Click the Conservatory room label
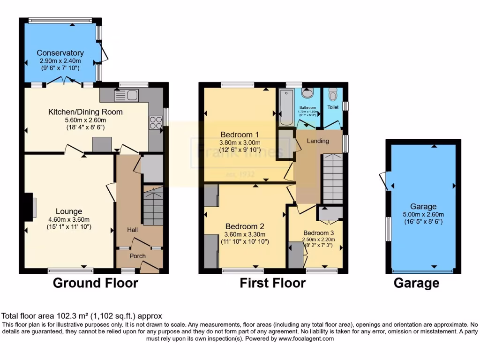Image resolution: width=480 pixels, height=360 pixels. (60, 53)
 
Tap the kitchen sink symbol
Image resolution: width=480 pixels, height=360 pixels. (126, 95)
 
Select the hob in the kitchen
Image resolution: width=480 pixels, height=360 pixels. (156, 121)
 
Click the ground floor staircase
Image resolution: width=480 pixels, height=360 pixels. (153, 206)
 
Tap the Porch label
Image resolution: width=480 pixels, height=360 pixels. (137, 256)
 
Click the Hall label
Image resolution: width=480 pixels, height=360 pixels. (133, 230)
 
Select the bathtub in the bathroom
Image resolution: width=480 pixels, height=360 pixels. (285, 107)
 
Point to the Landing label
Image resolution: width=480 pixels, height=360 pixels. (318, 141)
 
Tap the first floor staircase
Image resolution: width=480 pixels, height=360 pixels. (332, 179)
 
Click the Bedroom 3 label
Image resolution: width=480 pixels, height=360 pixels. (319, 233)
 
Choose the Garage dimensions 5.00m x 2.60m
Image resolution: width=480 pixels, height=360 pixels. (423, 214)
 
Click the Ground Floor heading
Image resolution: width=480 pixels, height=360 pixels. (95, 283)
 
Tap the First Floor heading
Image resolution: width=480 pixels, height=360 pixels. (272, 283)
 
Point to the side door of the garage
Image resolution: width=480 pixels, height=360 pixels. (385, 180)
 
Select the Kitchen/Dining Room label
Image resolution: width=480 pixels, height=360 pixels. (85, 112)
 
